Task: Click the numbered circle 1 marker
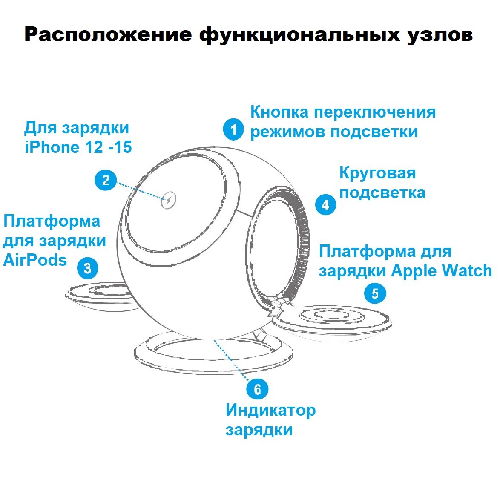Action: click(x=233, y=129)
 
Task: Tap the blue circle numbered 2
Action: click(x=105, y=180)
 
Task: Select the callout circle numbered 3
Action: click(x=88, y=268)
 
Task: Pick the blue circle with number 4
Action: click(x=325, y=204)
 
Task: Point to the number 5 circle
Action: click(x=375, y=293)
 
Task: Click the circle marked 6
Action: click(x=257, y=389)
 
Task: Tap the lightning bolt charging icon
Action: click(x=169, y=201)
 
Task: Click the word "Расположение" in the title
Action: click(x=108, y=34)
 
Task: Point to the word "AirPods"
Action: click(x=35, y=260)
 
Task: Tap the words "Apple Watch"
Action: click(x=441, y=271)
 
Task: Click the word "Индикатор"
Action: click(x=270, y=410)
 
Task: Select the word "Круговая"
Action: click(x=377, y=173)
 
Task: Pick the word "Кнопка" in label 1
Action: click(x=279, y=112)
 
